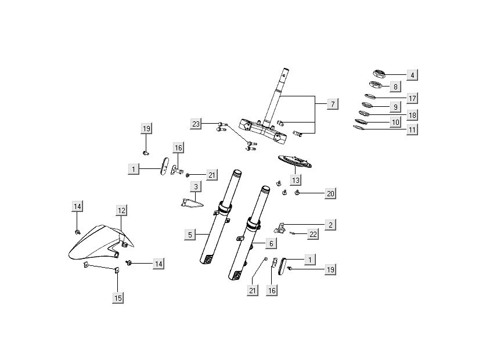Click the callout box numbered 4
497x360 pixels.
pos(412,75)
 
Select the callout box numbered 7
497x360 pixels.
pos(332,105)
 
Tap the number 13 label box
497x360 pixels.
pos(296,179)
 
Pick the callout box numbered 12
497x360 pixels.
pos(121,210)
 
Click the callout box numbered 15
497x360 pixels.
pos(118,298)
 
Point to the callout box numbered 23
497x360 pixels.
pos(196,123)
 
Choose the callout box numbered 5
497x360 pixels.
pos(190,235)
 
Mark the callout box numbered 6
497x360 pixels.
pos(271,243)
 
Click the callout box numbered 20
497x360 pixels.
pos(330,193)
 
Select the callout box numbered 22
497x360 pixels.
pos(312,234)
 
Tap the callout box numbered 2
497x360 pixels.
pos(330,224)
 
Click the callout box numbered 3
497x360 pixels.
pos(196,186)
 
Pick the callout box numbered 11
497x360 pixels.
pos(412,130)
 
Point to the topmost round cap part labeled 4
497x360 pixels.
pos(379,73)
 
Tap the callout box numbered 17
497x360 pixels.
pos(412,98)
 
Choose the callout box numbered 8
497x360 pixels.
pos(395,87)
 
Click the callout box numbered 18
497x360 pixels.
pos(412,115)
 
